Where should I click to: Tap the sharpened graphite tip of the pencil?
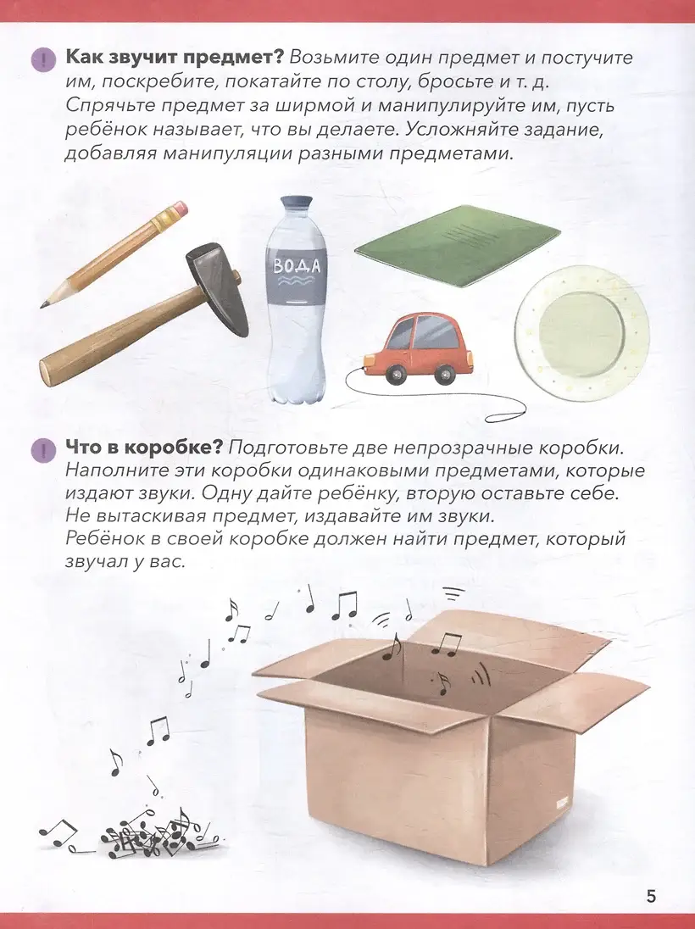43,305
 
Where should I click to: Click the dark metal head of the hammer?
217,290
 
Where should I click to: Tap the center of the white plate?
581,325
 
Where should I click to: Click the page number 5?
651,897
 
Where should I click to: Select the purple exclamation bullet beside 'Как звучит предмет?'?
43,60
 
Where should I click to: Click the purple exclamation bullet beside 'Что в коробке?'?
43,450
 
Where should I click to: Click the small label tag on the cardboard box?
560,804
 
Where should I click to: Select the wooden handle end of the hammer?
50,369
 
